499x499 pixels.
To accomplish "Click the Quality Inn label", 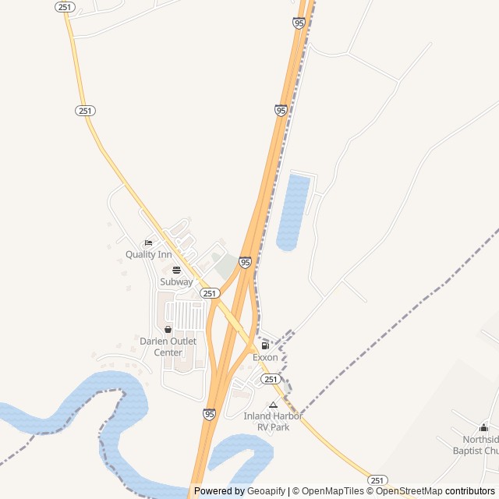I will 148,255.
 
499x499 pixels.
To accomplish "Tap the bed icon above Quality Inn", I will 148,243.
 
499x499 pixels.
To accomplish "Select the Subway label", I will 176,281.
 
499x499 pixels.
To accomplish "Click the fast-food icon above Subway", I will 176,270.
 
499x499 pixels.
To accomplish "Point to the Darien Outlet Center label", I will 168,347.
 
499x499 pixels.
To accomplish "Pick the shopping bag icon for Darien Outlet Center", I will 168,330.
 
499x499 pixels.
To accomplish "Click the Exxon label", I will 265,357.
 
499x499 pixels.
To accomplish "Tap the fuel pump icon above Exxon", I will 265,345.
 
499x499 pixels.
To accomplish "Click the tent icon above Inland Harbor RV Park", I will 273,405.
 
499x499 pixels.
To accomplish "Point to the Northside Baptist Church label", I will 477,444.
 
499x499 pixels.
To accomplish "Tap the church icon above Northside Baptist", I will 483,427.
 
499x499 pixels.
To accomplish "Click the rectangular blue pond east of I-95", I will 293,212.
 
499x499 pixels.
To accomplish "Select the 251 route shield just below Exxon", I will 270,379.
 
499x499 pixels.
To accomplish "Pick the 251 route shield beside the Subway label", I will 209,293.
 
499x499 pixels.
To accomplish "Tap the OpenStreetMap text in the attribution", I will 409,491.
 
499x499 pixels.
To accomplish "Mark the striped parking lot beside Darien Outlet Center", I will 186,316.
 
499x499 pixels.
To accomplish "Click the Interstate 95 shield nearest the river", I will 209,414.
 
